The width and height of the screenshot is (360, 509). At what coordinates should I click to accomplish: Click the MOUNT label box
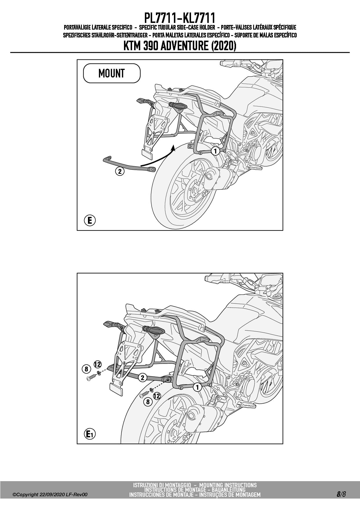coord(112,73)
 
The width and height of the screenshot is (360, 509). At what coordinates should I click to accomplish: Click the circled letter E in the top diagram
coord(90,221)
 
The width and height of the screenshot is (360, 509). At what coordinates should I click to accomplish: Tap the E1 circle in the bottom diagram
coord(90,434)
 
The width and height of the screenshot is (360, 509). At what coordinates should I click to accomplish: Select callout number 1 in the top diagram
coord(215,151)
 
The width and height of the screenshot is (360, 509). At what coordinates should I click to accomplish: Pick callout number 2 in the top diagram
coord(120,171)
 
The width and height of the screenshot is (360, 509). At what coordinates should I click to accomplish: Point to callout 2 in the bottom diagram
coord(142,378)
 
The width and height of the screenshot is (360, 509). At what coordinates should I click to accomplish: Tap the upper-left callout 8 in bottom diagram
coord(86,369)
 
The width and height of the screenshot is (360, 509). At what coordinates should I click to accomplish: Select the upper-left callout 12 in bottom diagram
coord(98,364)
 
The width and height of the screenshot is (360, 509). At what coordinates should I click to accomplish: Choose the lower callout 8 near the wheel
coord(148,402)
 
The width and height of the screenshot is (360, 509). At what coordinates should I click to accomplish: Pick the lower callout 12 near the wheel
coord(157,396)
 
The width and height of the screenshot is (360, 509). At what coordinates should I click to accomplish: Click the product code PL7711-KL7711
coord(180,18)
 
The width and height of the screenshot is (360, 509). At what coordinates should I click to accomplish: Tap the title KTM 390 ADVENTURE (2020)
coord(180,46)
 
